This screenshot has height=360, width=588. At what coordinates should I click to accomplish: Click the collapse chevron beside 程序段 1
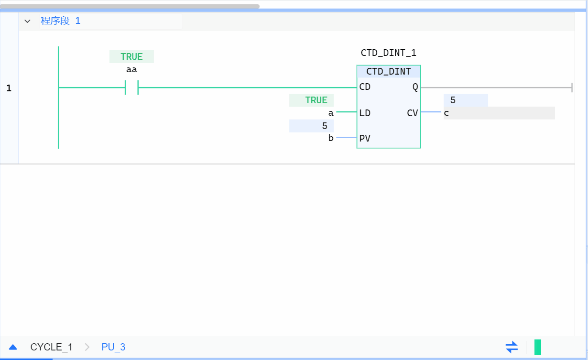point(27,21)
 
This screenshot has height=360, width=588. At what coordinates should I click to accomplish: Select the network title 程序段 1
point(61,21)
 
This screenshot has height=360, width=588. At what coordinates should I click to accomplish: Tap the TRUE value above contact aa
point(131,57)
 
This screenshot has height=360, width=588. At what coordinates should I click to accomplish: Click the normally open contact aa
point(131,87)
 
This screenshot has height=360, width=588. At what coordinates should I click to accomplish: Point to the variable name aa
point(131,70)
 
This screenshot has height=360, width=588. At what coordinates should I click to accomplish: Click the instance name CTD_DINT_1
point(388,53)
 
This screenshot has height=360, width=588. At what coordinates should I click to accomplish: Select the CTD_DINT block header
point(388,72)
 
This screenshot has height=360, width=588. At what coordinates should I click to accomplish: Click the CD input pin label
point(365,87)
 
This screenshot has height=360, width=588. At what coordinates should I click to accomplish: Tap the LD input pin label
point(365,113)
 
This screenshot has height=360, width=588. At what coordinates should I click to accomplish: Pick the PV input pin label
point(365,139)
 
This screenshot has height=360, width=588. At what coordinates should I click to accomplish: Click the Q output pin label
point(415,87)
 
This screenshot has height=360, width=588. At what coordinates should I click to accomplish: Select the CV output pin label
point(413,113)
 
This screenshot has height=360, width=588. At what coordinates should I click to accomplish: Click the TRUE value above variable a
point(316,100)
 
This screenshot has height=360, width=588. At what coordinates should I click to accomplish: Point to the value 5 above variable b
point(325,126)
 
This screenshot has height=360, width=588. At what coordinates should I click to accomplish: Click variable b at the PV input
point(331,139)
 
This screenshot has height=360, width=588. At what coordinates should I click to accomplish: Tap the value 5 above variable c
point(453,101)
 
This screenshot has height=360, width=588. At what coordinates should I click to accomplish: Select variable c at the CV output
point(446,113)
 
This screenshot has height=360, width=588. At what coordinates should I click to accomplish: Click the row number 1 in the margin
point(9,88)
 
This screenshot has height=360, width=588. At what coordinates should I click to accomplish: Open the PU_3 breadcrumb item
point(113,347)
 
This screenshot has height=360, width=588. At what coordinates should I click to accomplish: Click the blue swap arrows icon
point(512,347)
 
